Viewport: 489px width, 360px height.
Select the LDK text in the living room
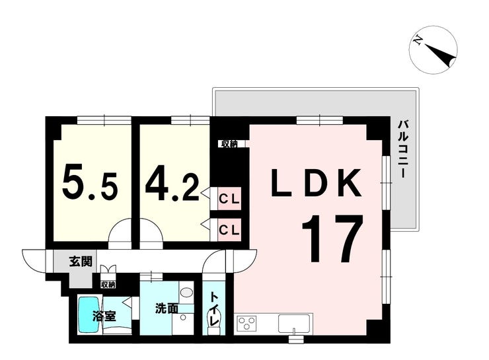(317, 183)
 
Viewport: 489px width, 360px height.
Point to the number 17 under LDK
(332, 238)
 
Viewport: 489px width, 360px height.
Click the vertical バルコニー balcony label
(403, 149)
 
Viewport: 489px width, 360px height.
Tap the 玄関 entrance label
(81, 261)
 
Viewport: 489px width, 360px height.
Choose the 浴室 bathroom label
(104, 316)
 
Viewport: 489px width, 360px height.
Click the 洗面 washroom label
(167, 308)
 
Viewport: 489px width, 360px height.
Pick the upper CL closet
(229, 199)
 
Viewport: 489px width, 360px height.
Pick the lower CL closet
(229, 230)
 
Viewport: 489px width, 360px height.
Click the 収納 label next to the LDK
(229, 144)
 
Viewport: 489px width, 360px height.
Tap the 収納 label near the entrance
(108, 284)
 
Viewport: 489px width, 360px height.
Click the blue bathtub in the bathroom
(89, 314)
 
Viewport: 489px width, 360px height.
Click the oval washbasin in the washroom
(186, 293)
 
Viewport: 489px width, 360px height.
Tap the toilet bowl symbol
(214, 320)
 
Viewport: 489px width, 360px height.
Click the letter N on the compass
(418, 40)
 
